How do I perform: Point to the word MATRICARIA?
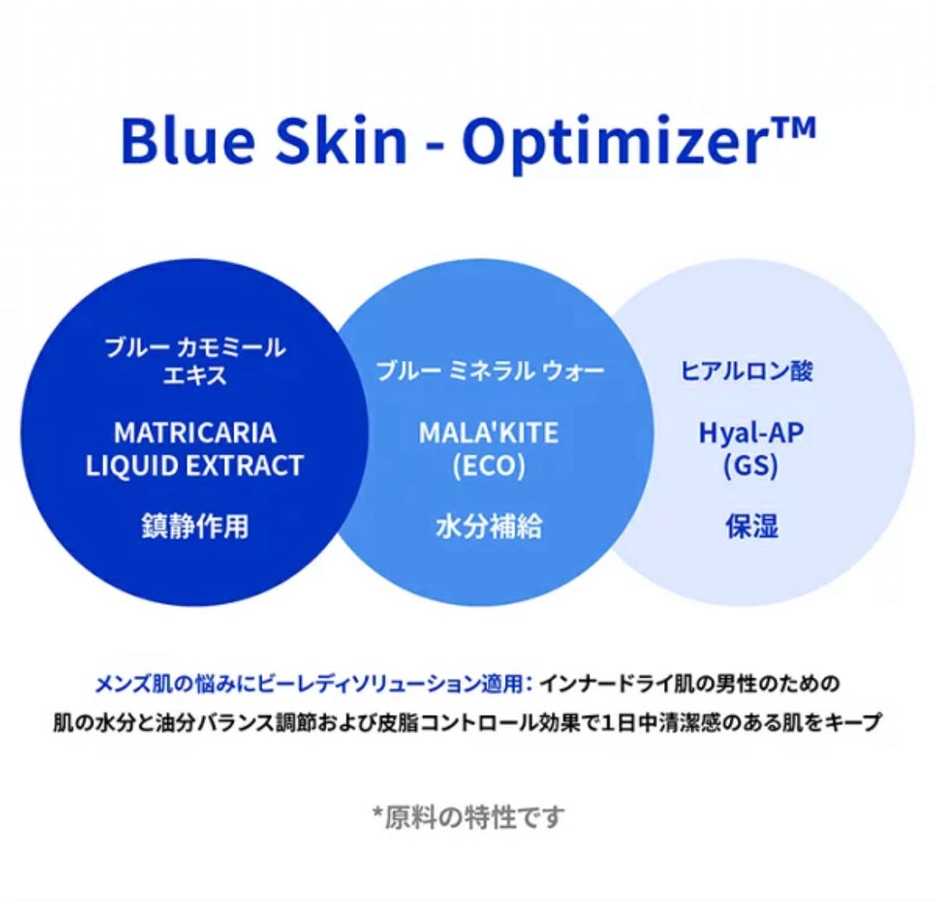(x=194, y=433)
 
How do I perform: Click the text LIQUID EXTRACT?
(x=194, y=466)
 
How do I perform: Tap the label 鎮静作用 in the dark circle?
(x=194, y=526)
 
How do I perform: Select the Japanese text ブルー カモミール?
(x=194, y=347)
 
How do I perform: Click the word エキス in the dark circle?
(x=194, y=376)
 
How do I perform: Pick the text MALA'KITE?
(x=488, y=433)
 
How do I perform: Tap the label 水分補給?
(x=488, y=526)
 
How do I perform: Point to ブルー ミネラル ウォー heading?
(x=490, y=371)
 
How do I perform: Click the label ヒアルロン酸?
(x=746, y=371)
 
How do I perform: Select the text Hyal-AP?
(x=751, y=434)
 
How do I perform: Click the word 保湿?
(x=751, y=526)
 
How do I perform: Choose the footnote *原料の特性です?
(x=467, y=817)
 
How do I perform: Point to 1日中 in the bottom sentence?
(x=630, y=723)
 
